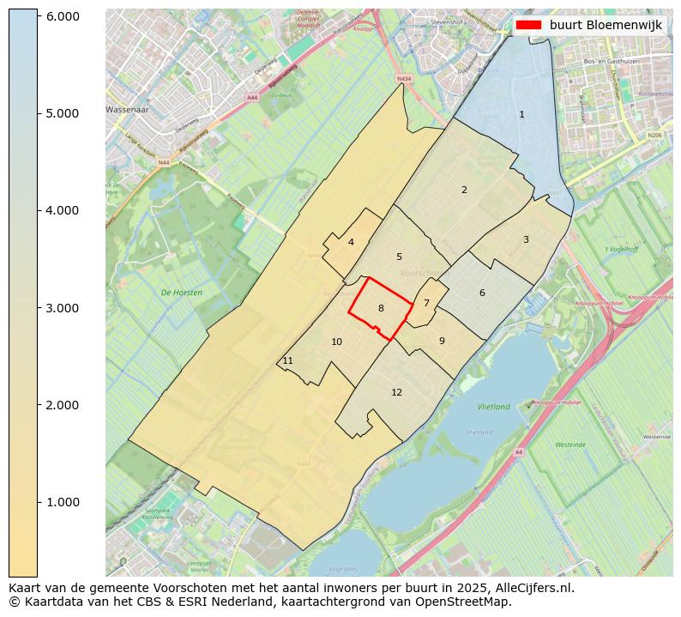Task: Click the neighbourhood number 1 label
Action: tap(521, 114)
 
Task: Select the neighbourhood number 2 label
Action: tap(464, 190)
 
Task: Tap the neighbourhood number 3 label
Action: tap(526, 239)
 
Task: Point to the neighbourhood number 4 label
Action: tap(351, 242)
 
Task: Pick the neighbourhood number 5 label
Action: tap(399, 257)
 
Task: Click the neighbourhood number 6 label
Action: tap(482, 293)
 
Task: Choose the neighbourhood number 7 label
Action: tap(426, 303)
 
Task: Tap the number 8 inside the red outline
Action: tap(381, 308)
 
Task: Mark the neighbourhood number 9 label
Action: tap(442, 341)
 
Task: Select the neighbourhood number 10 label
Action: tap(337, 342)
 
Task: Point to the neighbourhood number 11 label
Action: tap(288, 360)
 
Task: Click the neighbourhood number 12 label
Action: tap(396, 392)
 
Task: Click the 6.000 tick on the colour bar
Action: tap(62, 16)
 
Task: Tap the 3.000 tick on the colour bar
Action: tap(62, 308)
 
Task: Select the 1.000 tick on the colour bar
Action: tap(62, 502)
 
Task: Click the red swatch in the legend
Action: tap(528, 25)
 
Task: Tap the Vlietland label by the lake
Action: tap(493, 407)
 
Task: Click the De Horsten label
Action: tap(182, 293)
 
